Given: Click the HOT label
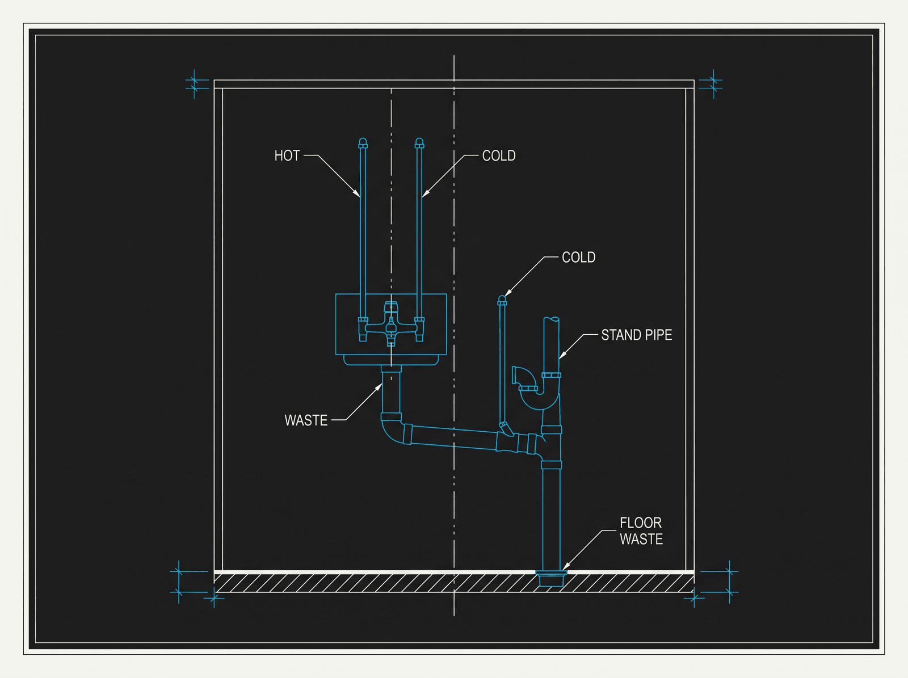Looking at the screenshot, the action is (287, 156).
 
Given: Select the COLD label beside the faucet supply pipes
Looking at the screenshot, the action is (499, 156).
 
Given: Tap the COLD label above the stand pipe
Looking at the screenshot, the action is (578, 258).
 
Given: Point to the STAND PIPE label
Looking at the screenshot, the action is (636, 335).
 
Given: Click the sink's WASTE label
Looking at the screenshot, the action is (306, 420).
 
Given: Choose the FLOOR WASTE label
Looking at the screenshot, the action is (641, 531).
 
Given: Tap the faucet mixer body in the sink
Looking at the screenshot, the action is (391, 325).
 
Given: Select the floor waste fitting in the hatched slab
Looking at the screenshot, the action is (552, 578).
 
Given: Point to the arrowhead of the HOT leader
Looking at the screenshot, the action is (356, 193).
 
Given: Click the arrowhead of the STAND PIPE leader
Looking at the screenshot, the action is (562, 356).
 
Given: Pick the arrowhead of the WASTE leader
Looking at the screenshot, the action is (379, 388).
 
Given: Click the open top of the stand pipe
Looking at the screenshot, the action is (551, 319).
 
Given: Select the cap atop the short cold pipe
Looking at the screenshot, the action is (502, 301).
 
